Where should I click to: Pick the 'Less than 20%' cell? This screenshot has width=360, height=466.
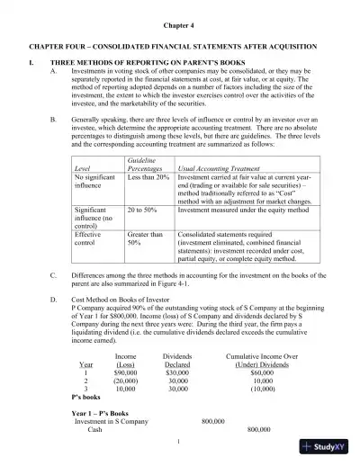(148, 177)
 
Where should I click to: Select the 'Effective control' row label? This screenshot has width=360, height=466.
(88, 238)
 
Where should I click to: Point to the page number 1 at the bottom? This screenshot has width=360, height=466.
(180, 440)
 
